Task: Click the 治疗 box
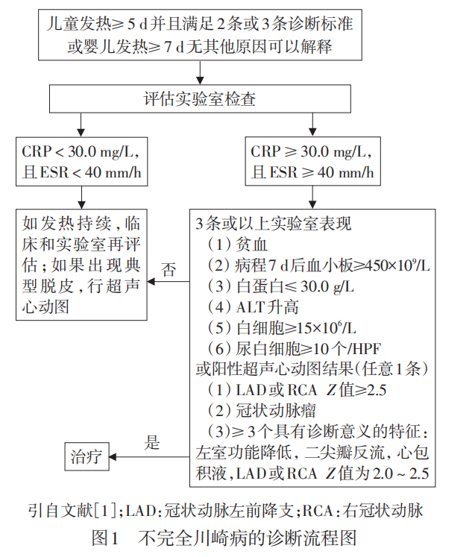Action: pos(86,456)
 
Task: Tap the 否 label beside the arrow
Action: pos(168,270)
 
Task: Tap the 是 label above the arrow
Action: pos(152,443)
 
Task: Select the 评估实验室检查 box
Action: pos(200,98)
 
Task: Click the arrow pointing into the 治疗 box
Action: pos(149,457)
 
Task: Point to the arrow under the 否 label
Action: pos(169,282)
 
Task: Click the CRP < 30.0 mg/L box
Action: pos(82,162)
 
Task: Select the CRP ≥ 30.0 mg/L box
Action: pos(312,161)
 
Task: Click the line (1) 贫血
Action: pos(237,245)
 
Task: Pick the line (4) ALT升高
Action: pos(253,307)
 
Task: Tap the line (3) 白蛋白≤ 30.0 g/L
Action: pos(280,286)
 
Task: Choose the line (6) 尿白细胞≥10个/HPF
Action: pos(294,349)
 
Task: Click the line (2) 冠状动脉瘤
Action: pos(262,411)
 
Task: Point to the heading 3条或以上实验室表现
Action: pos(273,224)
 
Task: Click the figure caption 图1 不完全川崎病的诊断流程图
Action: pos(224,538)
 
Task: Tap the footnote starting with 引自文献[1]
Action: pos(226,511)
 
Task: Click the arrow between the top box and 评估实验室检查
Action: pos(200,72)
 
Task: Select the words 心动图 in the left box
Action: pos(45,307)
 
